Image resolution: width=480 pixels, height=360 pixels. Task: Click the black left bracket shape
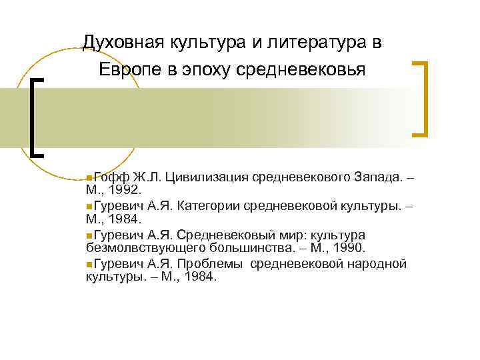37,116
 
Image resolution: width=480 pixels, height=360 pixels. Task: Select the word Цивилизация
209,177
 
